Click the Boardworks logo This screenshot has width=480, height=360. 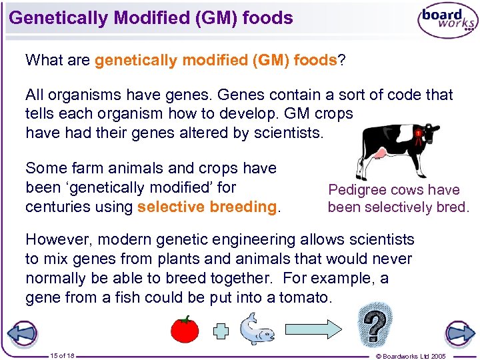click(x=446, y=21)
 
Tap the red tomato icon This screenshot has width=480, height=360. click(x=185, y=329)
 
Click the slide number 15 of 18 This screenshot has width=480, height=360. click(x=62, y=355)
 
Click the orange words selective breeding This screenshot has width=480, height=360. click(x=206, y=207)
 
